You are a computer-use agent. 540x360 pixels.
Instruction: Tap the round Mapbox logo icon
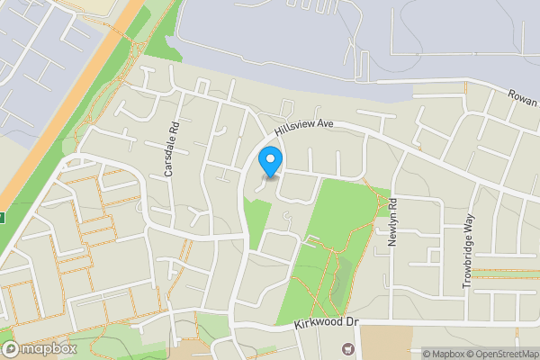click(x=10, y=348)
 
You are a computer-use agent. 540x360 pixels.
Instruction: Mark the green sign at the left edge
click(x=2, y=217)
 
